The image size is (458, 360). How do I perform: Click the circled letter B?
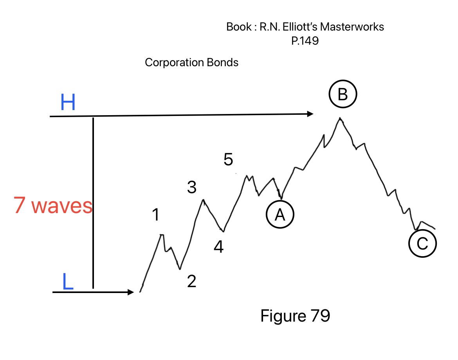[x=343, y=94]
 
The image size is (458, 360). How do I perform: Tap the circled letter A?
[x=279, y=215]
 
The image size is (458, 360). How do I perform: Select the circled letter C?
[x=422, y=244]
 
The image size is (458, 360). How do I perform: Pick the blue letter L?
[x=68, y=282]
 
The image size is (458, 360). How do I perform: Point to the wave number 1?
[x=156, y=215]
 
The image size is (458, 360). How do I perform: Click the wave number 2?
[x=191, y=281]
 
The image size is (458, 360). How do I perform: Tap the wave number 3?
[x=191, y=188]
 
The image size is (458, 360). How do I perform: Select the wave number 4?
[x=218, y=247]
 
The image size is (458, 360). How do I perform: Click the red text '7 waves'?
[x=53, y=205]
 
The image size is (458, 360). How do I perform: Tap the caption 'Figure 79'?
[x=295, y=315]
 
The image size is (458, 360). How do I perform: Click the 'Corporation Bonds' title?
[x=191, y=62]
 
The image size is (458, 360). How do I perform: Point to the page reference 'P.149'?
[x=305, y=41]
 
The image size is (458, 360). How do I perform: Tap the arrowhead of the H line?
[x=310, y=114]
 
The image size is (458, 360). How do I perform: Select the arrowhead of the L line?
[x=131, y=292]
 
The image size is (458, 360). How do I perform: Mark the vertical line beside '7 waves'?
[x=93, y=204]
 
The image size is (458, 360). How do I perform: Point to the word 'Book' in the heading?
[x=238, y=27]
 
